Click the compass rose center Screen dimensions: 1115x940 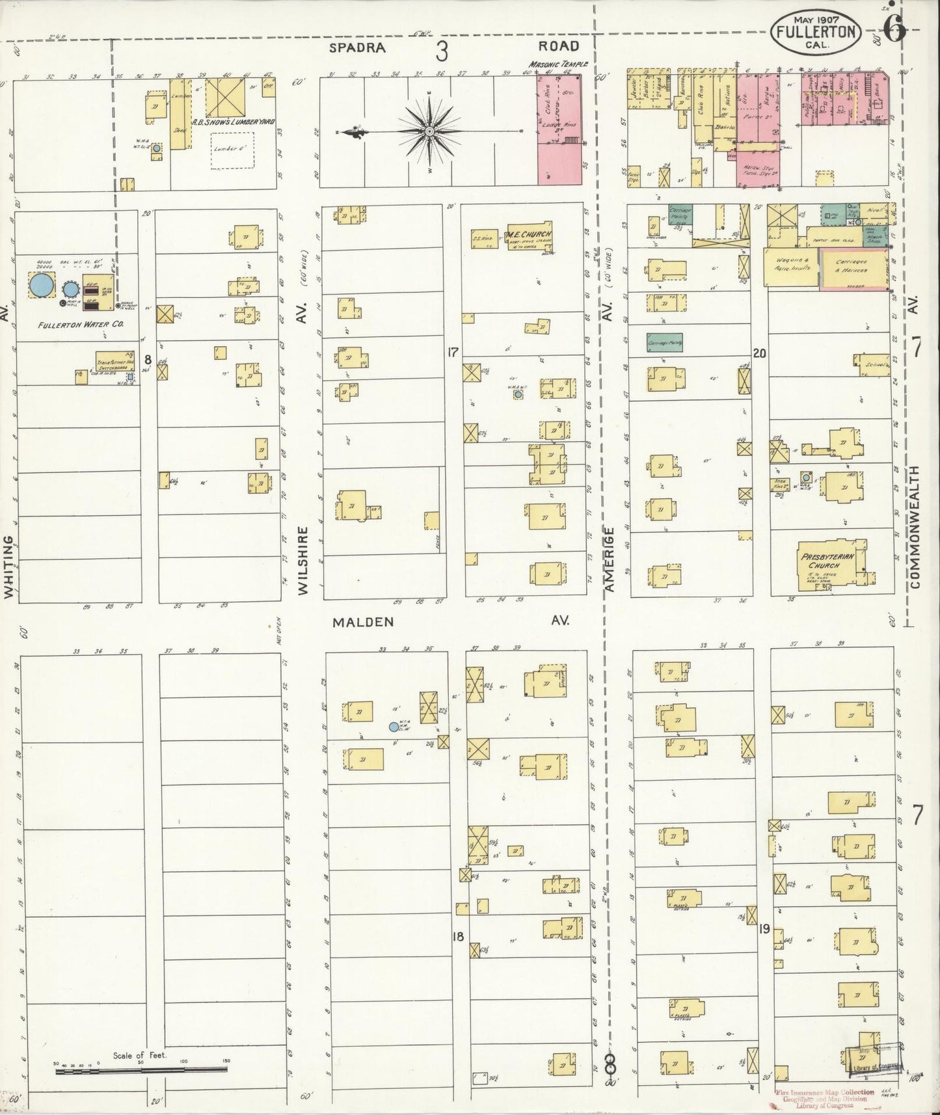[429, 132]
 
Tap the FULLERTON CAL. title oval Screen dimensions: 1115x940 [816, 29]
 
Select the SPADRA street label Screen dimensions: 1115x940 [356, 47]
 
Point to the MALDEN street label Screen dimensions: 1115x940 [363, 622]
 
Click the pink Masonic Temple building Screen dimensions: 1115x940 [559, 130]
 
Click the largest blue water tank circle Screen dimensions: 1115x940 [42, 285]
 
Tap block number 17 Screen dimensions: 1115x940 [453, 353]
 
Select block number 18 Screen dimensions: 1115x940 [459, 937]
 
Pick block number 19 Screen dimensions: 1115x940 [764, 930]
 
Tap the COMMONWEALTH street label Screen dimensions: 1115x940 [916, 527]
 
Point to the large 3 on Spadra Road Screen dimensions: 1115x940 [442, 50]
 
